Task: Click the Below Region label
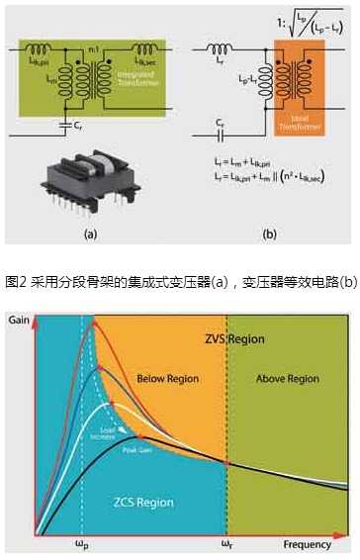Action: coord(166,379)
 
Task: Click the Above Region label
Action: coord(288,379)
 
